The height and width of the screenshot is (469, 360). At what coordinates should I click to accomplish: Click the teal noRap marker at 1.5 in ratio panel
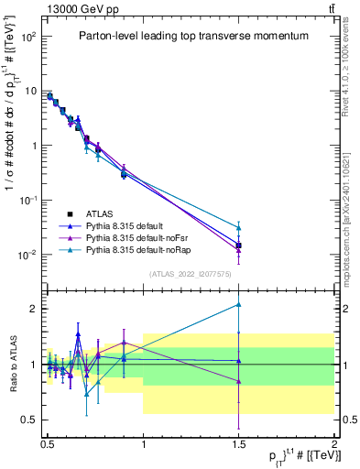[239, 304]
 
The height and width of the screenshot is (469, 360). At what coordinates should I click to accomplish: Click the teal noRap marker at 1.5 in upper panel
[239, 227]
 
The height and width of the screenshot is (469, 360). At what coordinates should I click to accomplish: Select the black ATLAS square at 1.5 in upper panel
[239, 245]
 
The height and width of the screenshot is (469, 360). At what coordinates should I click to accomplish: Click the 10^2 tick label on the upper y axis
[30, 38]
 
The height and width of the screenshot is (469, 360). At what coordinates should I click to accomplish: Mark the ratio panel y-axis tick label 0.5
[30, 420]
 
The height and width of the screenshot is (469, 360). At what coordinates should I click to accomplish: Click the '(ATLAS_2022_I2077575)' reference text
[191, 273]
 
